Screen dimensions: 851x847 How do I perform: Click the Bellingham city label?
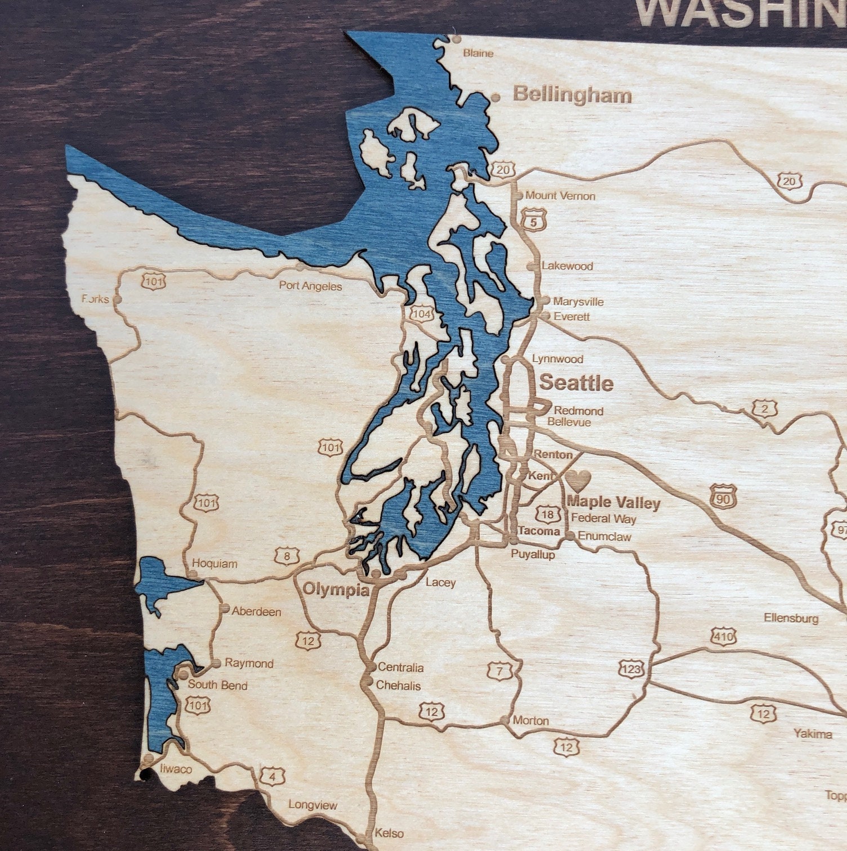click(x=572, y=95)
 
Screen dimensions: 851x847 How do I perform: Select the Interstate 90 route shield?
click(x=723, y=496)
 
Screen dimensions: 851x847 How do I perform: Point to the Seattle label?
click(x=576, y=383)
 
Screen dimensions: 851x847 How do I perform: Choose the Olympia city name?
click(x=336, y=590)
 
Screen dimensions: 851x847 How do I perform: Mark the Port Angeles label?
click(x=310, y=286)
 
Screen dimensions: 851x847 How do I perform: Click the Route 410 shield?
click(x=723, y=637)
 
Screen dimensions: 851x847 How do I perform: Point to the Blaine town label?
click(x=478, y=53)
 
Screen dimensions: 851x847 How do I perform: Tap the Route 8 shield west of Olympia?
click(x=288, y=557)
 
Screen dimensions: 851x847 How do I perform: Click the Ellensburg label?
click(x=791, y=618)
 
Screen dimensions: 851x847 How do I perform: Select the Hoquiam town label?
click(x=215, y=563)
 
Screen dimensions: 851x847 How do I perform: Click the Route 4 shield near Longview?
click(x=273, y=777)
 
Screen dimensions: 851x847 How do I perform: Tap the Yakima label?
click(x=813, y=733)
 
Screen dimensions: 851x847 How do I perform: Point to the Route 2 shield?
click(x=764, y=409)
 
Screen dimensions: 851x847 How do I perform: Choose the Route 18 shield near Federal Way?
click(x=549, y=514)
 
